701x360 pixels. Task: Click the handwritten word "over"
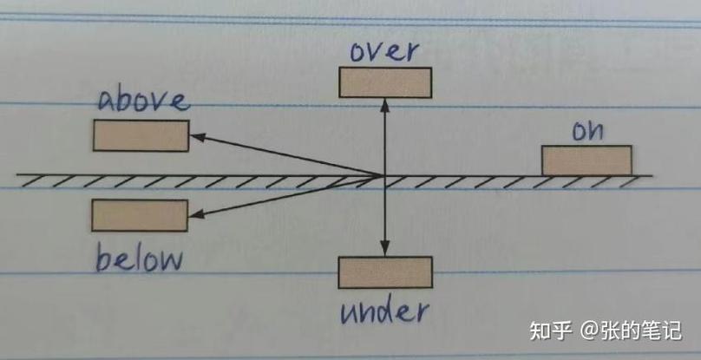click(x=384, y=51)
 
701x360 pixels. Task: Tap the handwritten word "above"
click(x=143, y=101)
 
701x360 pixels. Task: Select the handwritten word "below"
click(x=139, y=259)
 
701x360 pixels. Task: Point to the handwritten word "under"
click(x=384, y=311)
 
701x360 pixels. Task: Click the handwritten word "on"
click(x=587, y=131)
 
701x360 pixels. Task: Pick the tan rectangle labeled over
click(x=385, y=82)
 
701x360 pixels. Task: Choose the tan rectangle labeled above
click(x=141, y=135)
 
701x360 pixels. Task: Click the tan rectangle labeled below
click(x=140, y=215)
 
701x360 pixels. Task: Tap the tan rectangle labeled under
click(x=385, y=272)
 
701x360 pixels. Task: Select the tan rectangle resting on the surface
click(x=586, y=160)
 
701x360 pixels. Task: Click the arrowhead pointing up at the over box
click(x=385, y=105)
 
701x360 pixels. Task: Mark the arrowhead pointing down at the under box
click(x=385, y=249)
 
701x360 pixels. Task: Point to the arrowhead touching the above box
click(x=197, y=137)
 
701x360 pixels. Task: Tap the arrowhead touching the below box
click(x=196, y=214)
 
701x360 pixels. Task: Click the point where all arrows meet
click(x=384, y=175)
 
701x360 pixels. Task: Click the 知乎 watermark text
click(x=551, y=331)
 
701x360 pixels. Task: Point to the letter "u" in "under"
click(x=349, y=314)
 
